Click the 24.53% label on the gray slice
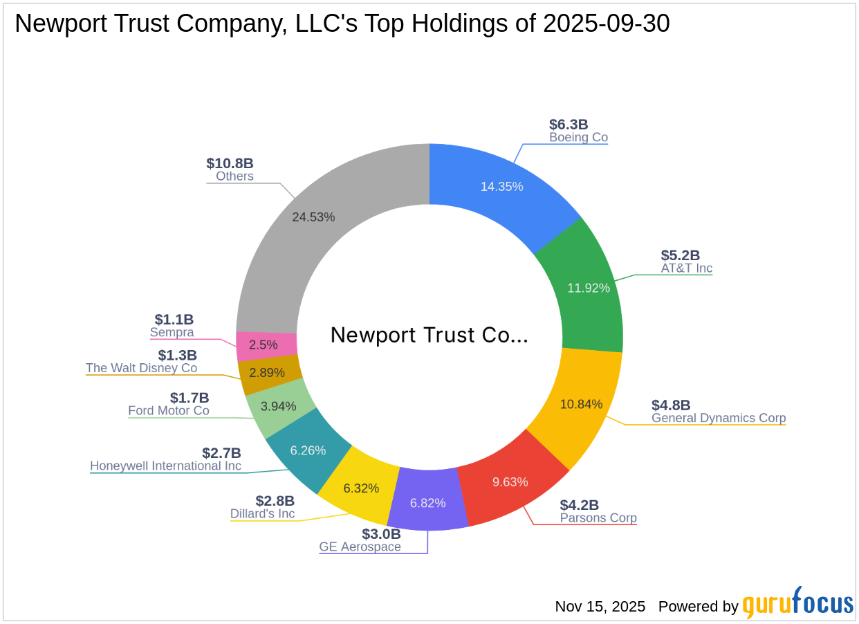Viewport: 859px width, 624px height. pos(313,217)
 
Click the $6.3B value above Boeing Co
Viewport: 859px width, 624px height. pos(569,125)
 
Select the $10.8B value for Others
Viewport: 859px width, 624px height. pos(230,163)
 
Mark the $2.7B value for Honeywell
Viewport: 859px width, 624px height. pos(221,453)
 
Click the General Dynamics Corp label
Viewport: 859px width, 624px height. pos(719,418)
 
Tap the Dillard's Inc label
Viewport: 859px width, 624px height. pos(262,513)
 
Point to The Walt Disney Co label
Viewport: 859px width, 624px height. pos(141,368)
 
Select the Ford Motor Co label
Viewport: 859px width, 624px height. pos(168,411)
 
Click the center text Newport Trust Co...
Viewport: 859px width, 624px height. pos(429,335)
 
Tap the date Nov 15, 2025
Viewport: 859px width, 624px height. pos(600,607)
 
